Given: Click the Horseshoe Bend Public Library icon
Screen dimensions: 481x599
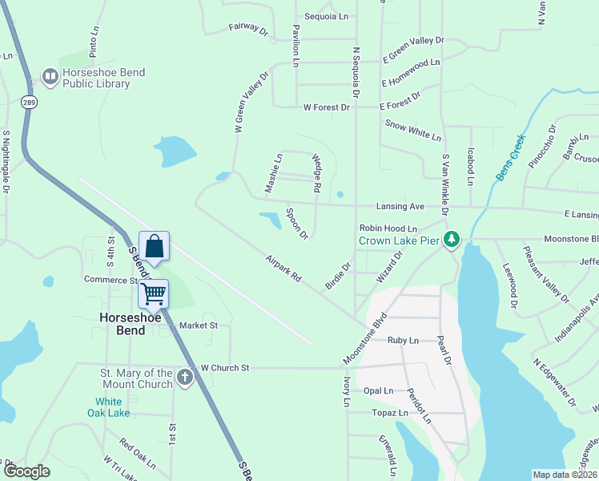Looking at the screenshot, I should click(x=48, y=78).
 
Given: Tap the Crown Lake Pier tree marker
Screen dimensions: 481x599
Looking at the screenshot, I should click(x=452, y=240).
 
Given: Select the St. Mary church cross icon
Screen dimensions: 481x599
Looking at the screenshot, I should click(x=185, y=378).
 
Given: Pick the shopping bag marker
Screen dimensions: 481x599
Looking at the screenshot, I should click(x=154, y=246).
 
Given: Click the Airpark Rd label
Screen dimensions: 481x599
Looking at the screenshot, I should click(x=284, y=268).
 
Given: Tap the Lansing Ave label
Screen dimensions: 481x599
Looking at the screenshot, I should click(x=405, y=206).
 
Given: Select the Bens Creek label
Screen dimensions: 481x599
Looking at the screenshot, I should click(x=511, y=157).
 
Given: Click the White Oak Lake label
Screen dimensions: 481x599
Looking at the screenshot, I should click(x=107, y=407).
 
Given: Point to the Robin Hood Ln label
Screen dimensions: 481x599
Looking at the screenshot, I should click(x=394, y=228).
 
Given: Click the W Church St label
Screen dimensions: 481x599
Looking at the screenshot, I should click(x=225, y=368).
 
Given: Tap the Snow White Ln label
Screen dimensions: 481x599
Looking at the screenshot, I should click(x=413, y=130).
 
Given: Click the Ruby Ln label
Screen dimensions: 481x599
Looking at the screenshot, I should click(x=403, y=341).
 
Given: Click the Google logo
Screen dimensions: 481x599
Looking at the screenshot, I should click(x=26, y=472).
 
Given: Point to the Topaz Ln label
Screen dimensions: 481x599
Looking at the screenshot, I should click(x=390, y=413).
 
